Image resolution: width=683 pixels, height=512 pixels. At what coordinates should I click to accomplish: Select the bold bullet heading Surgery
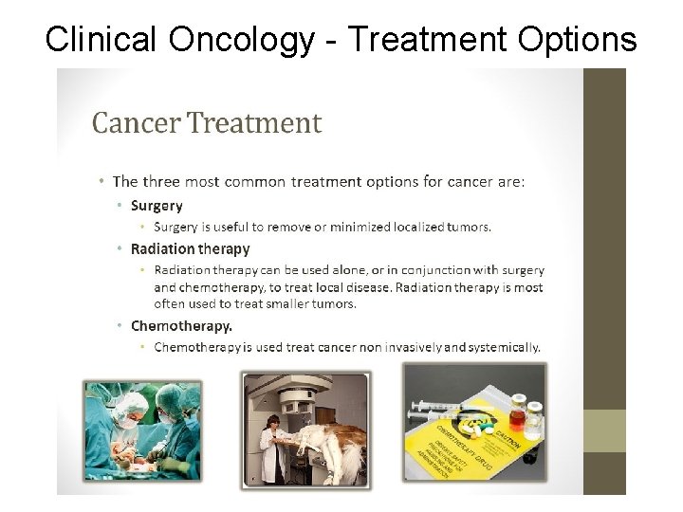(157, 206)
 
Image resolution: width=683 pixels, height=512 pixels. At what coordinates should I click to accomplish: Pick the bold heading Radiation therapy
(190, 249)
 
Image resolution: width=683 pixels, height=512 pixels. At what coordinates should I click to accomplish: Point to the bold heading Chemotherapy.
(180, 325)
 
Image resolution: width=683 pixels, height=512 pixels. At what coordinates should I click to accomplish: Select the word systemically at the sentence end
(504, 347)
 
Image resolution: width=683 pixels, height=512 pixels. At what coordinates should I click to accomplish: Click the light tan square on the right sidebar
(603, 430)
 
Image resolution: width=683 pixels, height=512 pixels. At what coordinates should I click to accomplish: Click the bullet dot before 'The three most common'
(102, 181)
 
